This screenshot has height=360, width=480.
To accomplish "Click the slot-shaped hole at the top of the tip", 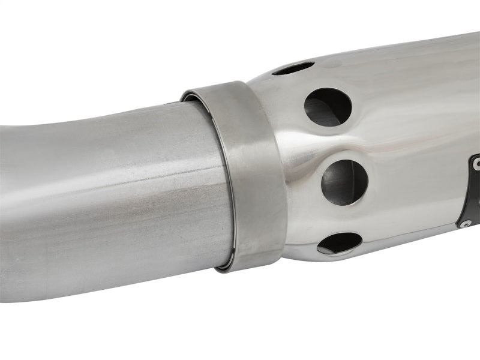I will click(293, 68).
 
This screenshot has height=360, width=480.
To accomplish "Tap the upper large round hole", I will click(328, 107).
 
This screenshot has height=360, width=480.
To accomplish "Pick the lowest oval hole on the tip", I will click(340, 242).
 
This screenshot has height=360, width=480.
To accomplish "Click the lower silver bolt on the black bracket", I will click(466, 223).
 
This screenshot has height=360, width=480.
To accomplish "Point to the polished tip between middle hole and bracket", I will click(414, 186).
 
